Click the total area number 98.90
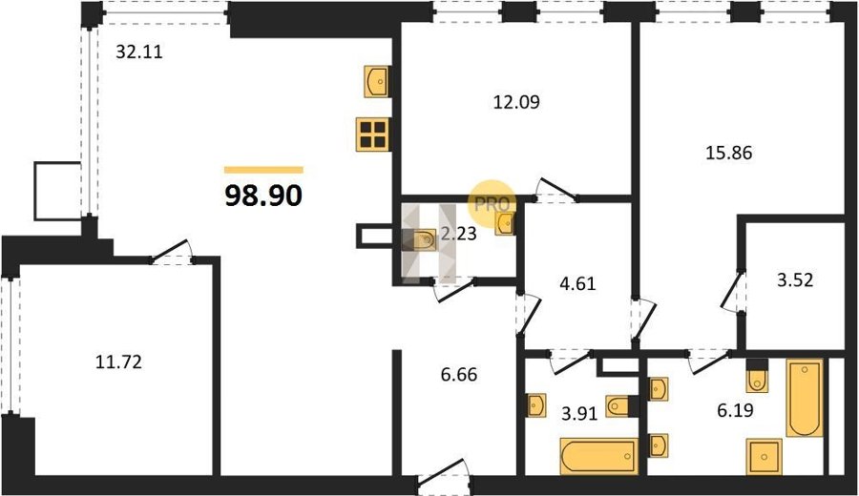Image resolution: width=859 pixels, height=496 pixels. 263,195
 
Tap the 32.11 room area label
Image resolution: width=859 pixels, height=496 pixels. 139,52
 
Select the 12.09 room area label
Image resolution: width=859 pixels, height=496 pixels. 516,102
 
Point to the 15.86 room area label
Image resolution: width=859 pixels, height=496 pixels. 728,153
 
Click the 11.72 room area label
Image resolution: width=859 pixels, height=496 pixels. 118,362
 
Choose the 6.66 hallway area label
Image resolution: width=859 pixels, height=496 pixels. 458,375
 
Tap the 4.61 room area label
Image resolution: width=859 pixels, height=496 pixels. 577,283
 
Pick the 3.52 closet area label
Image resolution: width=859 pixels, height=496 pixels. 795,280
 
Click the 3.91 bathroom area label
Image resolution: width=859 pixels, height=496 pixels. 579,413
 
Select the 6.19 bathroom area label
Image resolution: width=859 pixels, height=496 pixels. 735,409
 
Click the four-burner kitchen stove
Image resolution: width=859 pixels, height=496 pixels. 372,134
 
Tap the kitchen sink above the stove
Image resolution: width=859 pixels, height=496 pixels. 377,82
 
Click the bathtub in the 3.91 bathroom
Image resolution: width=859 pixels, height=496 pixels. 599,456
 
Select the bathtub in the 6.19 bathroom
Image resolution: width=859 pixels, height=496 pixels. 805,398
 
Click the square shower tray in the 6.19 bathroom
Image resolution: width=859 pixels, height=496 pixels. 764,457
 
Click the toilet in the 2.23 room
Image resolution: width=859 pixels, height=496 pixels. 420,239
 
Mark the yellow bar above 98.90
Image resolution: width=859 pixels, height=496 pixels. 263,170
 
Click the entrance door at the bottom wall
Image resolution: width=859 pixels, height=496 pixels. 444,475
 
